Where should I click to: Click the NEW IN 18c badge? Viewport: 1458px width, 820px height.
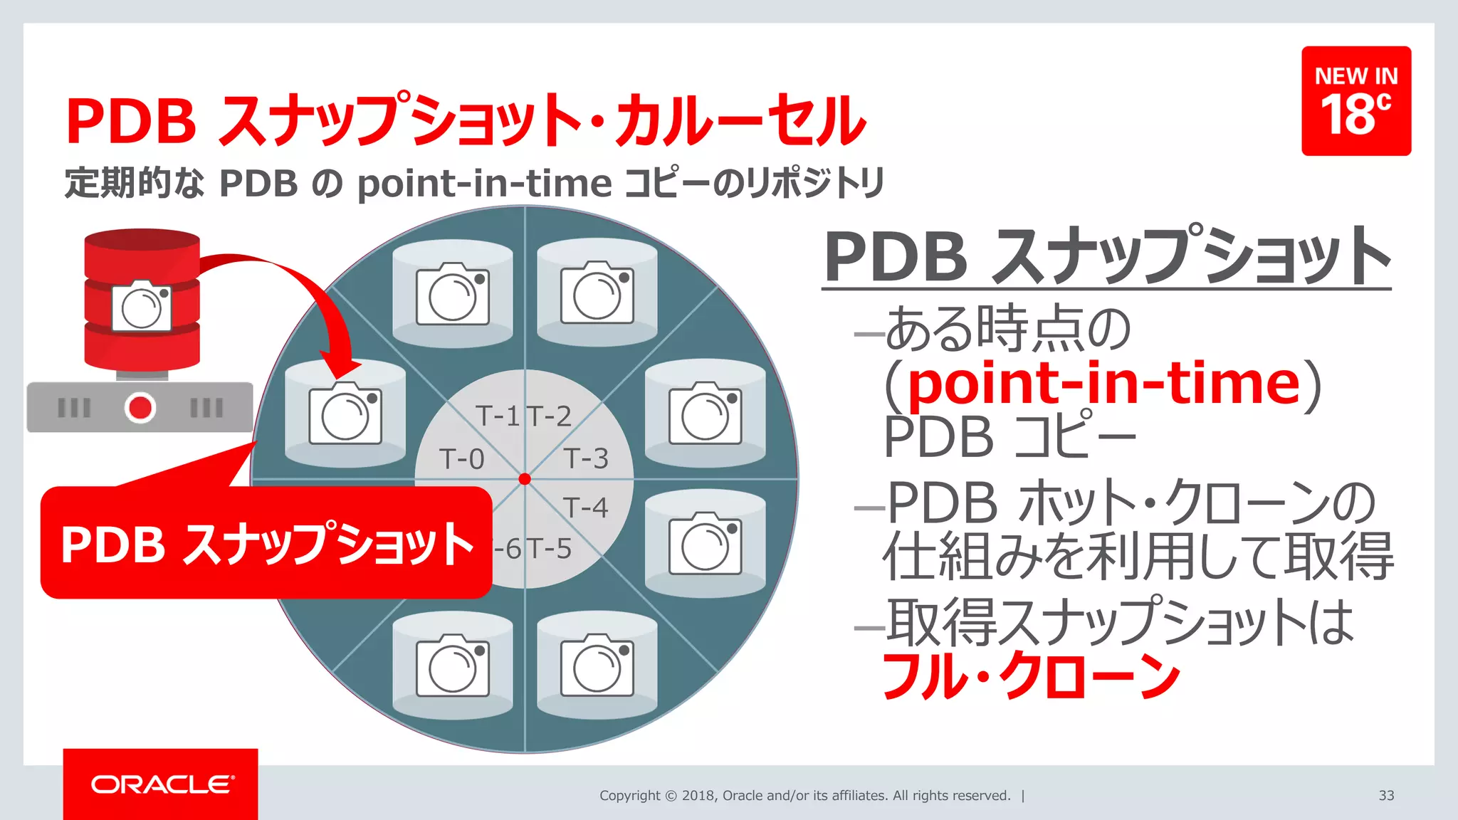pyautogui.click(x=1355, y=100)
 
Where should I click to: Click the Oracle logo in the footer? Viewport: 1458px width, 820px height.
pyautogui.click(x=161, y=784)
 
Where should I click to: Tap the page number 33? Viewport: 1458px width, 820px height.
pyautogui.click(x=1385, y=795)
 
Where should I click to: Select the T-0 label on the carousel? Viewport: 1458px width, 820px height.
pyautogui.click(x=461, y=459)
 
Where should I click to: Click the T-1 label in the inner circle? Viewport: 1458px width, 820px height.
pyautogui.click(x=498, y=416)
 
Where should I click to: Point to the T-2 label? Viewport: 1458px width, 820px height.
pyautogui.click(x=550, y=416)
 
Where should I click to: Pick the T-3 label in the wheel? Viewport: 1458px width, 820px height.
pyautogui.click(x=585, y=458)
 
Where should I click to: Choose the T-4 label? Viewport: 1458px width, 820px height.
pyautogui.click(x=585, y=508)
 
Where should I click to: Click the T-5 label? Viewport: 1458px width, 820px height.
pyautogui.click(x=550, y=549)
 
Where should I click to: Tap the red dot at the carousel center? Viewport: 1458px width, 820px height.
pyautogui.click(x=525, y=479)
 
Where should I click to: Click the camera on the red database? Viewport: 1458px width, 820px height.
pyautogui.click(x=142, y=307)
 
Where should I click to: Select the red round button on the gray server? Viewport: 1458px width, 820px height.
pyautogui.click(x=140, y=408)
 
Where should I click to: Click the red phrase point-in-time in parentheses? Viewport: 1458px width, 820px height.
pyautogui.click(x=1103, y=384)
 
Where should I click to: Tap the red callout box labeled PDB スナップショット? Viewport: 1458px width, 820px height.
pyautogui.click(x=266, y=543)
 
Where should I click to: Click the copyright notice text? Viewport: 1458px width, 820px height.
pyautogui.click(x=804, y=795)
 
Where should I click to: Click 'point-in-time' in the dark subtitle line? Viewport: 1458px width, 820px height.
pyautogui.click(x=484, y=184)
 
